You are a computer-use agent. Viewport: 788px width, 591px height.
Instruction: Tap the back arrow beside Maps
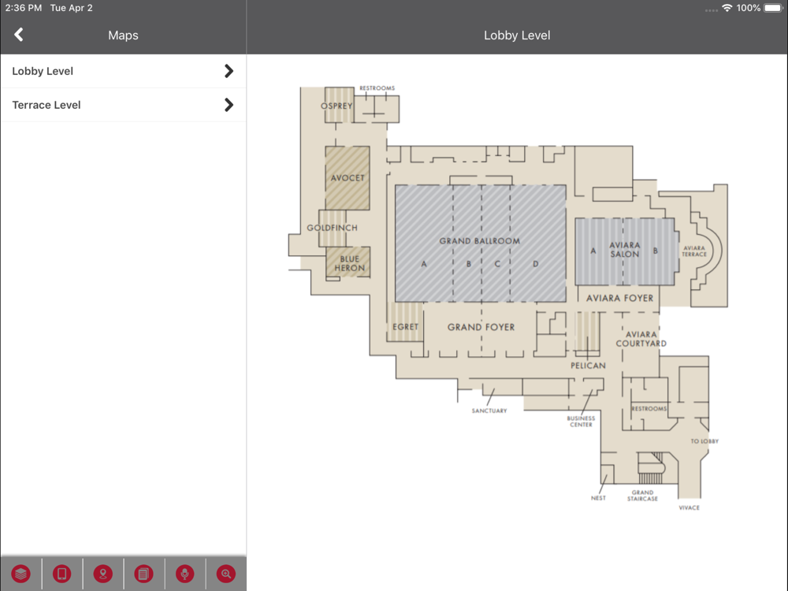point(19,35)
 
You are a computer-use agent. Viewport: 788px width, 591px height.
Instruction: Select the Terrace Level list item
point(123,105)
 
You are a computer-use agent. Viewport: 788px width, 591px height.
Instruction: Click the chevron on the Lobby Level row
point(229,71)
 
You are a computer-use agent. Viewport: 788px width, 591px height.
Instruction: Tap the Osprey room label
point(336,106)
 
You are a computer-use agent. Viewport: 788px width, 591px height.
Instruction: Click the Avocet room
point(348,178)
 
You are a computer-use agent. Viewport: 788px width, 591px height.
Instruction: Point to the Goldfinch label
point(333,228)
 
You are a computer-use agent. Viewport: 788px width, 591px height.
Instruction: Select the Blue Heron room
point(348,262)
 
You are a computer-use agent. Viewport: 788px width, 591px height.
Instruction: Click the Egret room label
point(406,327)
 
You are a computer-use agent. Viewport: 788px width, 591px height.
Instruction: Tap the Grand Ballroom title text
point(479,240)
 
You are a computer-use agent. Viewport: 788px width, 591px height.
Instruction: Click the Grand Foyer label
point(481,327)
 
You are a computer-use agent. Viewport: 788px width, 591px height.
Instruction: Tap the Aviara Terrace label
point(694,251)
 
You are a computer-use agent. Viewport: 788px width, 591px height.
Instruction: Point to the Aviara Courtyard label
point(641,339)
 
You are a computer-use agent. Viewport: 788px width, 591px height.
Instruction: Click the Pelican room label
point(588,366)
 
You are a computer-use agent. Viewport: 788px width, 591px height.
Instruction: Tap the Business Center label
point(581,421)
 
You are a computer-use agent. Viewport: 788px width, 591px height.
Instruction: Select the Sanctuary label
point(489,411)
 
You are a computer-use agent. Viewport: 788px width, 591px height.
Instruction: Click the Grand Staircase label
point(642,496)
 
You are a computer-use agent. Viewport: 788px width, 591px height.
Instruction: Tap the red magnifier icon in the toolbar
point(226,574)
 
